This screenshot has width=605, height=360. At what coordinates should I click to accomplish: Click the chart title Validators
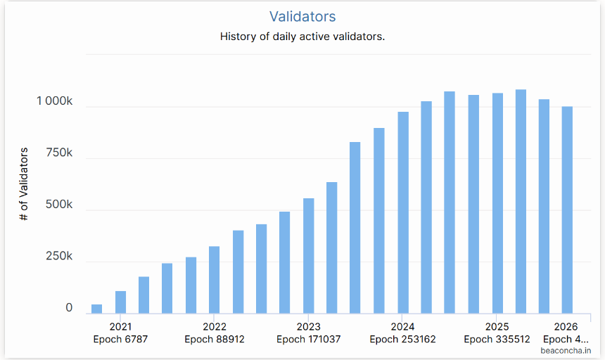tap(302, 17)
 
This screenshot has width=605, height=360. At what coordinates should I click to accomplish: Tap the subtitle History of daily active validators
tap(302, 37)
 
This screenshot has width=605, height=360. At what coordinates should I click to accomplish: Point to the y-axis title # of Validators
tap(24, 184)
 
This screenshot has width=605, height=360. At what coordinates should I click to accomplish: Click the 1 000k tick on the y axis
tap(54, 101)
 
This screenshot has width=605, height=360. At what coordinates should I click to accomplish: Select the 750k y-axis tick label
tap(59, 153)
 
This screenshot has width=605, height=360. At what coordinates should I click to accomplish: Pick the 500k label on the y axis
tap(59, 205)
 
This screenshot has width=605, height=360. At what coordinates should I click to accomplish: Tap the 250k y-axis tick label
tap(59, 256)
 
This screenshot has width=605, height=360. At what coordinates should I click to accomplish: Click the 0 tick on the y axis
tap(69, 307)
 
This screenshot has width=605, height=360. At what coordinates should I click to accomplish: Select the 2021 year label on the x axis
tap(120, 327)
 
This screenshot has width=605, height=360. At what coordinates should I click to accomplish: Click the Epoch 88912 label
tap(215, 339)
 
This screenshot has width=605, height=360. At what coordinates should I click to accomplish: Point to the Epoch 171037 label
tap(309, 339)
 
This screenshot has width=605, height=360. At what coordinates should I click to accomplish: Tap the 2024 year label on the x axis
tap(402, 327)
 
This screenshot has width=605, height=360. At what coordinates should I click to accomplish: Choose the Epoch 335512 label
tap(497, 339)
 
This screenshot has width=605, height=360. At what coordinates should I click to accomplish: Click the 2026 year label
tap(566, 327)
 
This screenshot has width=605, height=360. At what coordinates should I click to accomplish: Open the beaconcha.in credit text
tap(566, 351)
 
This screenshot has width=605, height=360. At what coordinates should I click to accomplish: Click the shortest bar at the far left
tap(97, 309)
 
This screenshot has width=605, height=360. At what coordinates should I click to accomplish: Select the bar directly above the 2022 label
tap(214, 280)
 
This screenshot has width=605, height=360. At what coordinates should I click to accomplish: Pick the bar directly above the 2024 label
tap(403, 213)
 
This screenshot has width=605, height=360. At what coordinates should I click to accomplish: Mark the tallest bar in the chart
tap(521, 202)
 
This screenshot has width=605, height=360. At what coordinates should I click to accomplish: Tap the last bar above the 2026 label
tap(567, 210)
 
